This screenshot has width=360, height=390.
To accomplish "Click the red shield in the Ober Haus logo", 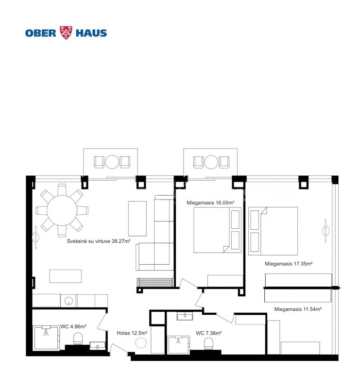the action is tap(66, 33).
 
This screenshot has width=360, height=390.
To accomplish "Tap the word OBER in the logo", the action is tap(41, 33).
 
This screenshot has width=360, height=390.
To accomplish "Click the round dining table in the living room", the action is tap(62, 210).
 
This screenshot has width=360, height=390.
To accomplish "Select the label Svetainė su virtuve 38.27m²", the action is tap(99, 241).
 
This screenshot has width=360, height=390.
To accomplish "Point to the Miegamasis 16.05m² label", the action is tap(210, 203).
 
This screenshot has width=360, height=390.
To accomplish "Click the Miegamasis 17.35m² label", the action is tap(289, 264).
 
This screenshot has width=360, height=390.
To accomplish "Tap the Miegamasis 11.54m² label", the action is tap(298, 309).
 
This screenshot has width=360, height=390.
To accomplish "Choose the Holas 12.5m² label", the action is tap(132, 333).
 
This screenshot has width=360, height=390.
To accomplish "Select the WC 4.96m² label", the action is tap(73, 326).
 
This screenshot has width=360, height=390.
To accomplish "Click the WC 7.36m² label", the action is tap(208, 333).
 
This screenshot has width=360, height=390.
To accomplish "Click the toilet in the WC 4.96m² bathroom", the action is tap(78, 339).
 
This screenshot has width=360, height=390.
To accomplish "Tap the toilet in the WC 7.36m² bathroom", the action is tap(208, 344).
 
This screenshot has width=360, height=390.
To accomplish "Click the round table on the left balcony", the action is tap(112, 162).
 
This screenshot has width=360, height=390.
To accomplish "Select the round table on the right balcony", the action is tap(211, 162).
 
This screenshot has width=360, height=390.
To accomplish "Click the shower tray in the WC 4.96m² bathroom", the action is tap(46, 338).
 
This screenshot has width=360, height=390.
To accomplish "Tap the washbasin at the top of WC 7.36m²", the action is tap(185, 316).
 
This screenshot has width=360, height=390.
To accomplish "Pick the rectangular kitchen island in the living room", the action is tap(66, 276).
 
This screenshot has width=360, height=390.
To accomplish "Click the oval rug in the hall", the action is tap(141, 343).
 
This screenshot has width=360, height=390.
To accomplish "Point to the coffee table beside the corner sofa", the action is tap(137, 219).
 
